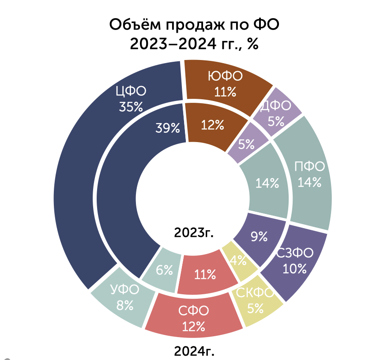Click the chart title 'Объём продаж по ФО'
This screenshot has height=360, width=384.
194,25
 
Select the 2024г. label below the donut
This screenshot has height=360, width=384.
194,351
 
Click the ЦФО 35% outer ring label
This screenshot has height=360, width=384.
131,99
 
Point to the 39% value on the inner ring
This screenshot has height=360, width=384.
168,128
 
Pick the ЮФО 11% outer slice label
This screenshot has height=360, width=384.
225,84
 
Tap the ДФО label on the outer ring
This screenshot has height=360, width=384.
276,106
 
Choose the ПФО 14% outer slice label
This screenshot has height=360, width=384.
309,174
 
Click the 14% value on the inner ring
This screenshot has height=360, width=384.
267,183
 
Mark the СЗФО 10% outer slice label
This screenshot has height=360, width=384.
295,261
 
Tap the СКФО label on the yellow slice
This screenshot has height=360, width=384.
255,292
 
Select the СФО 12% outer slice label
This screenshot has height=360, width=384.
193,319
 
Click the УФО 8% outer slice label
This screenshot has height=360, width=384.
125,297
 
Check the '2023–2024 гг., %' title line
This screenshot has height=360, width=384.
194,44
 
